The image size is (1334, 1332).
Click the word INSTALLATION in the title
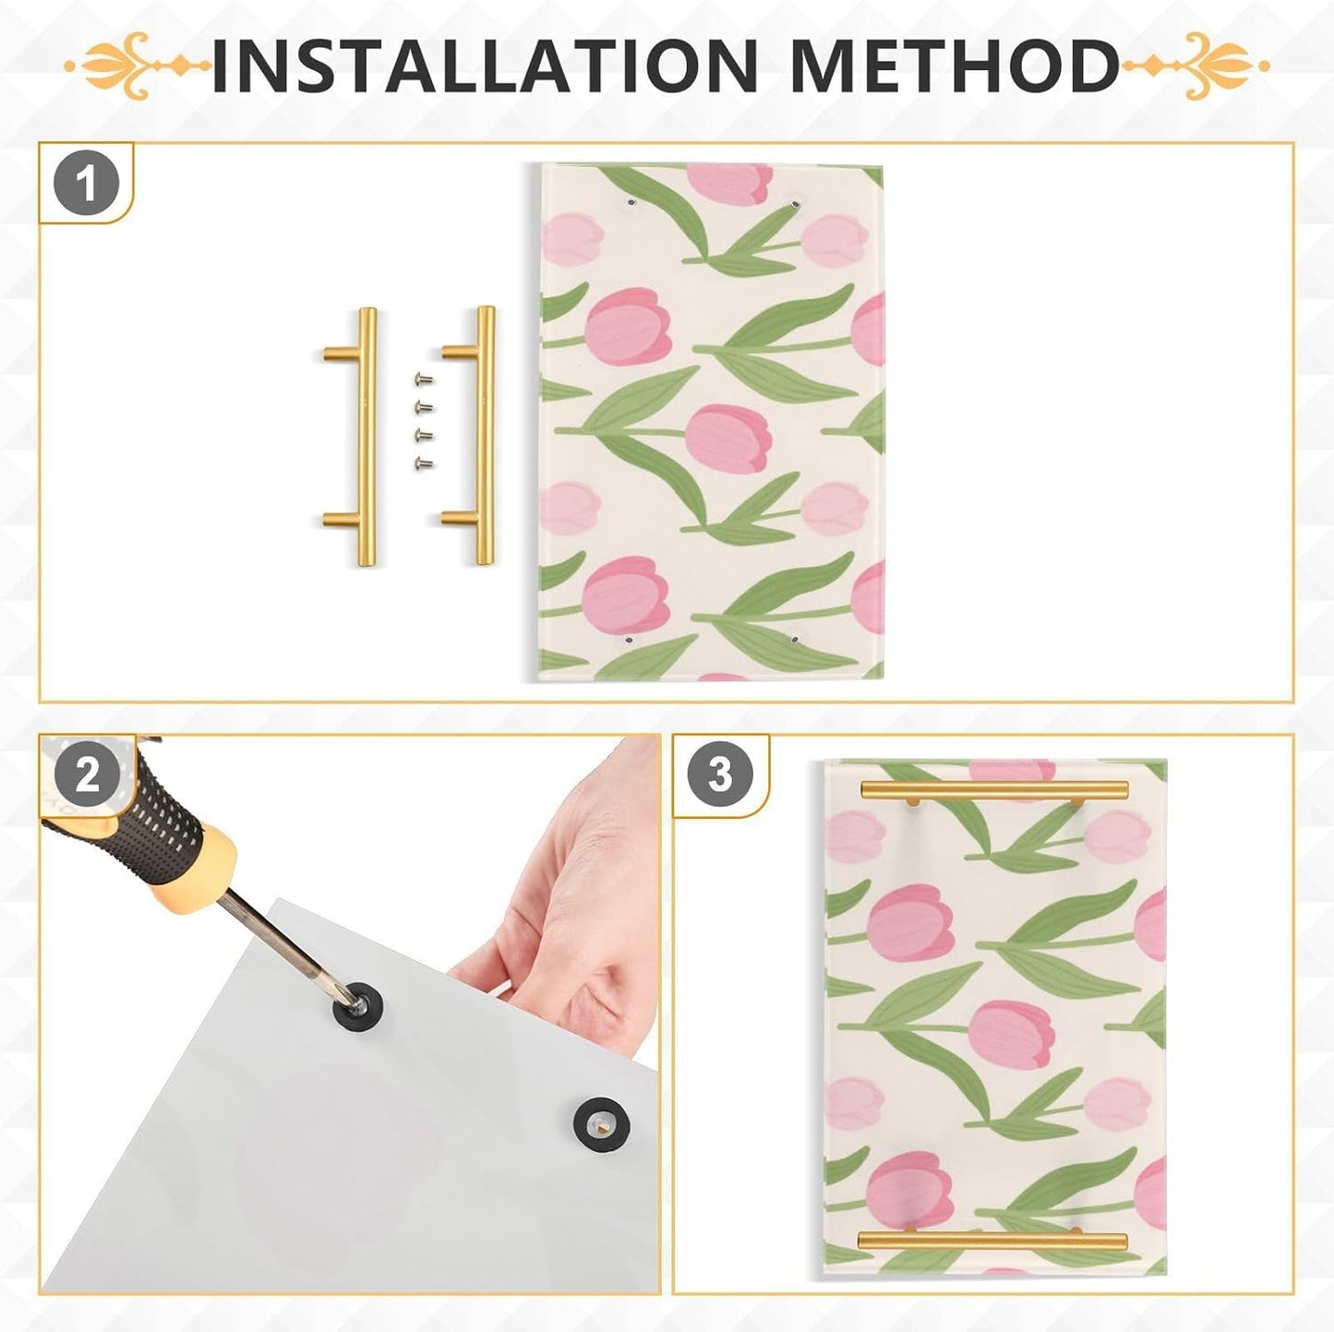pyautogui.click(x=485, y=66)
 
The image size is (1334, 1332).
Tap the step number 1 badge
pyautogui.click(x=87, y=185)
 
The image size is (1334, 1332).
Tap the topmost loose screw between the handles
pyautogui.click(x=423, y=378)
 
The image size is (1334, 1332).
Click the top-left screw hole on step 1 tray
pyautogui.click(x=631, y=203)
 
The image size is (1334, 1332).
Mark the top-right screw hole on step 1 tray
pyautogui.click(x=796, y=203)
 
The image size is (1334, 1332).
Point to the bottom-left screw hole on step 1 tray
pyautogui.click(x=627, y=640)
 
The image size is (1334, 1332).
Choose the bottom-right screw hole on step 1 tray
pyautogui.click(x=795, y=635)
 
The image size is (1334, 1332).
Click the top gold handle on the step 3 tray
pyautogui.click(x=994, y=790)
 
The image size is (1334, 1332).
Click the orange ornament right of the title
pyautogui.click(x=1196, y=66)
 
